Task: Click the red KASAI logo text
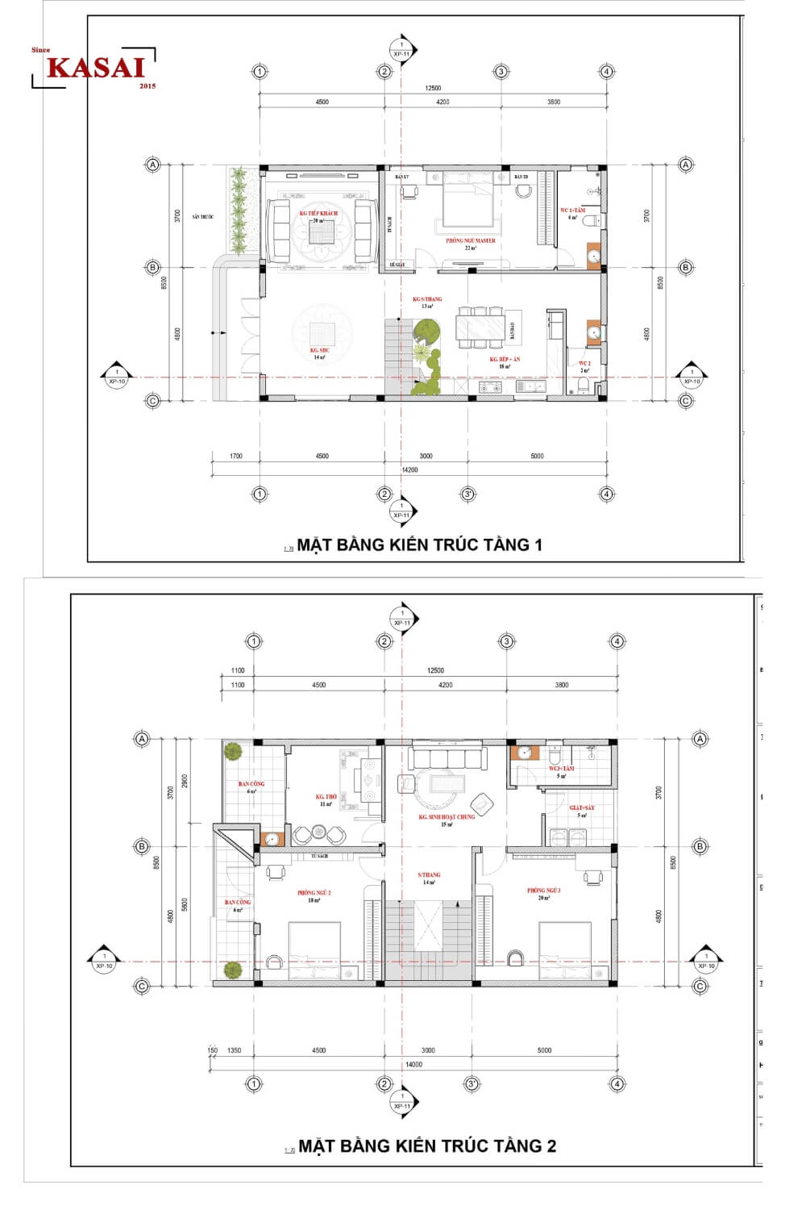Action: tap(95, 68)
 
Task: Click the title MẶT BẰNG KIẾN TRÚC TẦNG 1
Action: tap(419, 544)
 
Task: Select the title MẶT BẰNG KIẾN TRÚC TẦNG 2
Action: tap(427, 1145)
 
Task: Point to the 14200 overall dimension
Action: tap(409, 469)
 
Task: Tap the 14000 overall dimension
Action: tap(413, 1064)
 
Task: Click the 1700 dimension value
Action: tap(235, 456)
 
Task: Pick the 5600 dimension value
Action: tap(185, 904)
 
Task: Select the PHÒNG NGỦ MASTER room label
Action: tap(471, 240)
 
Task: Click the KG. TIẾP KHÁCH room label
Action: tap(318, 214)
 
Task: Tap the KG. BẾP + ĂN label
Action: tap(505, 359)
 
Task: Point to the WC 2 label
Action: tap(584, 364)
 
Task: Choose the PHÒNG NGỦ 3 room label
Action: tap(544, 891)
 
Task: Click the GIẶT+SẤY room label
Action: tap(582, 807)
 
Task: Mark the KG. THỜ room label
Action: tap(326, 797)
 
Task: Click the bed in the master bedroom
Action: tap(467, 202)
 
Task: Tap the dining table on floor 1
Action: tap(481, 328)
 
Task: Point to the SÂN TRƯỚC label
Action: tap(202, 217)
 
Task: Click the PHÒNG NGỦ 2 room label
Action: tap(314, 893)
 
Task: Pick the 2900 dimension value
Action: tap(185, 781)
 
